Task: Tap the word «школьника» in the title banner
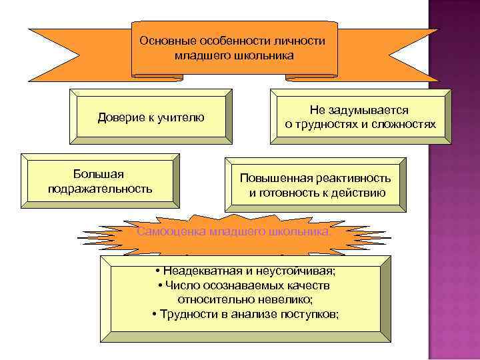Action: pyautogui.click(x=263, y=55)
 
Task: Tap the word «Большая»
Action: pyautogui.click(x=99, y=174)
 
